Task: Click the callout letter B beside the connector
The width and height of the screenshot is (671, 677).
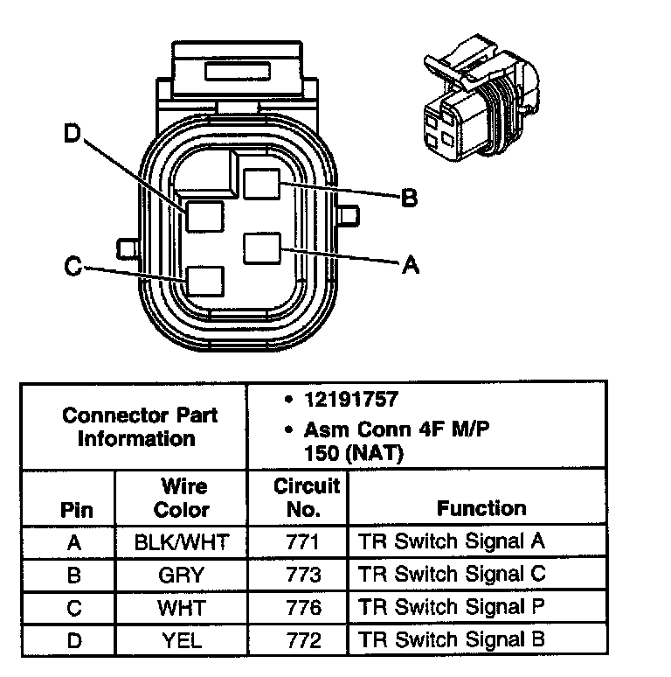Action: pos(409,199)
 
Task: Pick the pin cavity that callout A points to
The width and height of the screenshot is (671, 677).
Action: pos(261,248)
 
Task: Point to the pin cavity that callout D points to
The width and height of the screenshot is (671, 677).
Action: pos(204,216)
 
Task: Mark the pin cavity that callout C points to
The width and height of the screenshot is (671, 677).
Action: pos(206,280)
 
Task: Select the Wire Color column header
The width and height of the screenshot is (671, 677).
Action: pos(182,497)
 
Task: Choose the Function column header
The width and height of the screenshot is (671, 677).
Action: pos(481,508)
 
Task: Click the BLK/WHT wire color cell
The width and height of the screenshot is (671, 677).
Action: pos(182,542)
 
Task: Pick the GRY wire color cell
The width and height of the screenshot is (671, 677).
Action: pos(182,575)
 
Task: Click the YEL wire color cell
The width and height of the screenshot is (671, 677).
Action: pos(182,639)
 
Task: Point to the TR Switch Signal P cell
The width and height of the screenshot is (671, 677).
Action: pos(452,607)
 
